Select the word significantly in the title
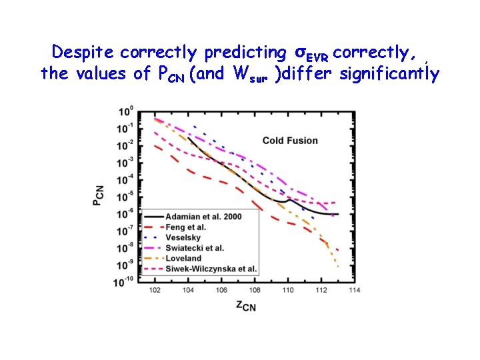click(389, 73)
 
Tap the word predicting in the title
click(246, 51)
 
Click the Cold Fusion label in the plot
click(290, 141)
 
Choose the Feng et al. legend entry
click(187, 227)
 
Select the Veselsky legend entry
click(183, 237)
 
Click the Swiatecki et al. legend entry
click(196, 248)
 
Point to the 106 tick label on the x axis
click(222, 290)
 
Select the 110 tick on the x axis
click(287, 290)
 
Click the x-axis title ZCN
click(245, 305)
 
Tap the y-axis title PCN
click(98, 195)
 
